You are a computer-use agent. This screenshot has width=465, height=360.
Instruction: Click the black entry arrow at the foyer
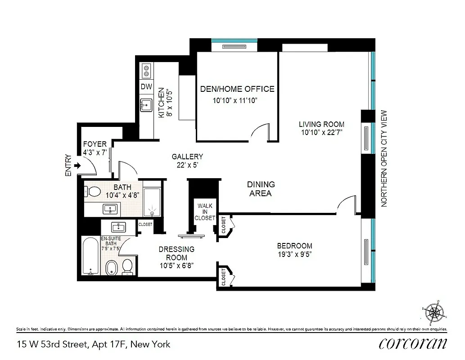[77, 166]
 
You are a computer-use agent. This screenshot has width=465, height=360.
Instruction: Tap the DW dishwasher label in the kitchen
[146, 87]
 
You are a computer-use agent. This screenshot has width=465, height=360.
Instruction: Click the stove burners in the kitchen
[146, 70]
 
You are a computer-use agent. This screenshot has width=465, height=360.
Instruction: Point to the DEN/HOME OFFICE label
[237, 89]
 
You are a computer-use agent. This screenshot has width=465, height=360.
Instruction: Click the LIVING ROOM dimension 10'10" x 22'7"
[322, 133]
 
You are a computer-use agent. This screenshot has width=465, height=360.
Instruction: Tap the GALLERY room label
[187, 157]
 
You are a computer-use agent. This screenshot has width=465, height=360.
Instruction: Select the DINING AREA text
[261, 189]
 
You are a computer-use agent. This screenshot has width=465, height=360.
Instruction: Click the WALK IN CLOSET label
[204, 212]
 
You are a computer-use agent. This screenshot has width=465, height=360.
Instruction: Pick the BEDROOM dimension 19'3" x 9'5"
[294, 254]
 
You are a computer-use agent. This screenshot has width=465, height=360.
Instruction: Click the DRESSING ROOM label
[176, 253]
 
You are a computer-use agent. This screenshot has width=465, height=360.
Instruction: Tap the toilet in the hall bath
[92, 192]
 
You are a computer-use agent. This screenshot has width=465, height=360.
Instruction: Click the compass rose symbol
[433, 311]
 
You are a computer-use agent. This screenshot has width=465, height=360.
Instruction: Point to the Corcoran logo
[412, 344]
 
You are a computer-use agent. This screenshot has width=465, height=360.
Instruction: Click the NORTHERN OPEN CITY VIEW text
[384, 158]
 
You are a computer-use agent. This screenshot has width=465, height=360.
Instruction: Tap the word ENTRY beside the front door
[68, 165]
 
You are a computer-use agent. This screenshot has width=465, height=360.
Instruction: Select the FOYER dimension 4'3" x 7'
[95, 152]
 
